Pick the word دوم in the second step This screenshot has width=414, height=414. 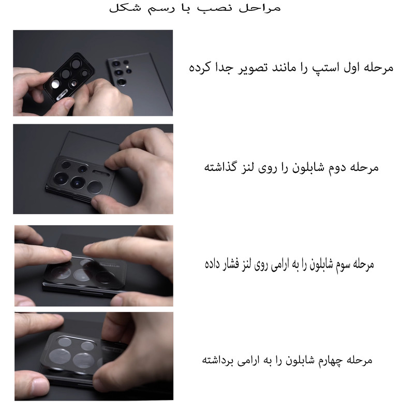coord(337,168)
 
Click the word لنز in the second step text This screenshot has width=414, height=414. coord(248,167)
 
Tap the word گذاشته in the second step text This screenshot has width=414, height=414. coord(221,167)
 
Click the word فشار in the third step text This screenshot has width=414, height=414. coord(231,264)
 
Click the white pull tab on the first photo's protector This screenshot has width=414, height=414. coord(62,95)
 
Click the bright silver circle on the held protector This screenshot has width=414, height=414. coord(55,84)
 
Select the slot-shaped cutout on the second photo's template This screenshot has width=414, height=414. coord(101,173)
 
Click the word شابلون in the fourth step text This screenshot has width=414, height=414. coord(300,360)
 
